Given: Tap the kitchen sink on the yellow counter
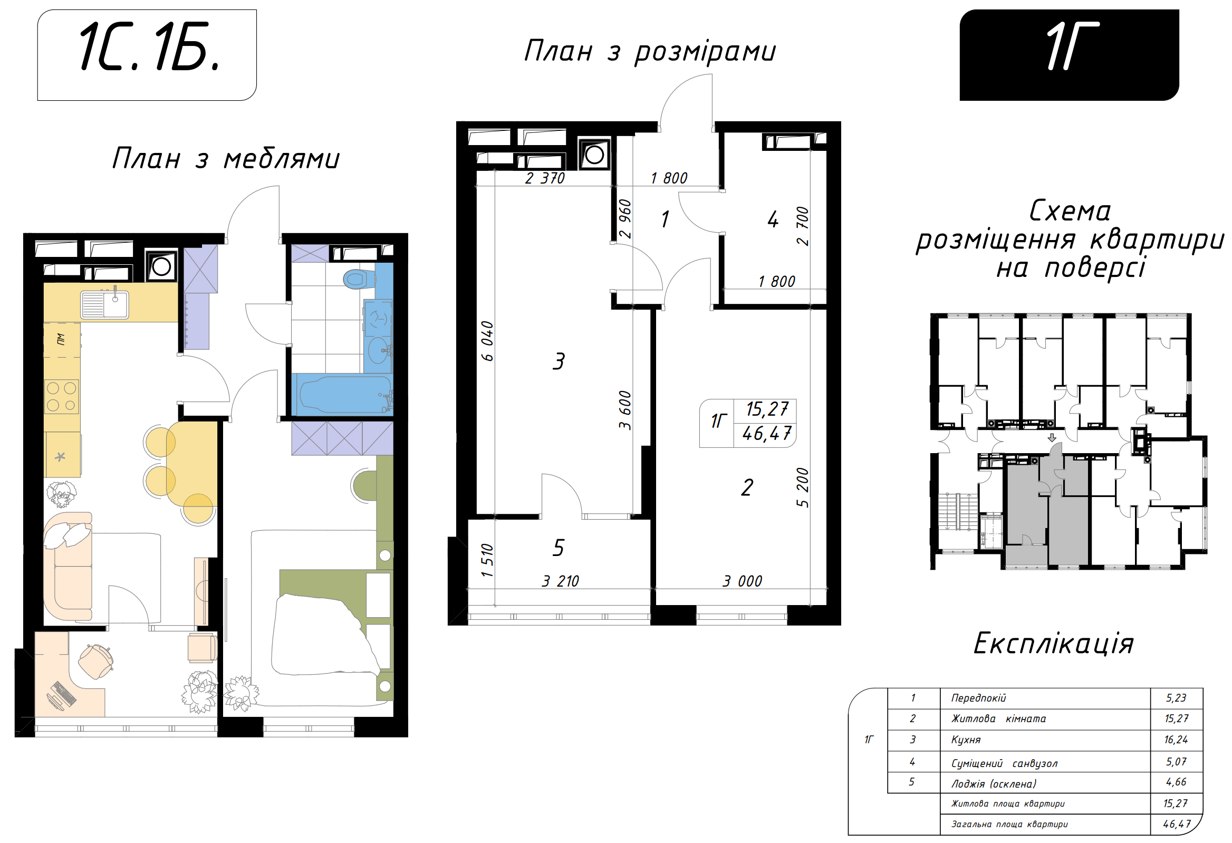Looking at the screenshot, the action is [x=104, y=304].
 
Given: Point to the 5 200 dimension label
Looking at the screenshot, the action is [x=803, y=487].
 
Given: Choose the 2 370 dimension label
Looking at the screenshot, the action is [x=545, y=178].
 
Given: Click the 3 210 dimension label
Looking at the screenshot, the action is [x=560, y=581].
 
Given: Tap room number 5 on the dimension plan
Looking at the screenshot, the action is [x=558, y=548].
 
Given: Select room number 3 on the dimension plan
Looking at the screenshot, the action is [x=559, y=361].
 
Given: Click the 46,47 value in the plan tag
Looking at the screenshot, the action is [x=766, y=434].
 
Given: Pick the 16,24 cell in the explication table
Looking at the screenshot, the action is [x=1176, y=740].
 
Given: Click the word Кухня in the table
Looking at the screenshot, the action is [x=966, y=740].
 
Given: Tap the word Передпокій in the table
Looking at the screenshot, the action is [x=978, y=698].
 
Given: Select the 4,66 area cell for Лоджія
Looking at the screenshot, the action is [x=1176, y=782].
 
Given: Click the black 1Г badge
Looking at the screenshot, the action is [x=1069, y=55].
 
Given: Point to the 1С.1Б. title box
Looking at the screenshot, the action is [x=147, y=55].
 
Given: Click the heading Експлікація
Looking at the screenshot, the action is [x=1053, y=644].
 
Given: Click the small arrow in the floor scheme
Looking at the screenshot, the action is [x=1052, y=438].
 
